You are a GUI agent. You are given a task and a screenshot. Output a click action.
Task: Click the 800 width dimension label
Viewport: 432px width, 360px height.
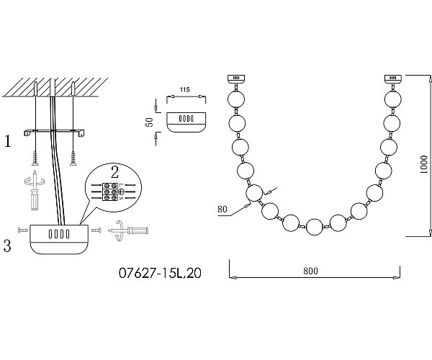point(310,271)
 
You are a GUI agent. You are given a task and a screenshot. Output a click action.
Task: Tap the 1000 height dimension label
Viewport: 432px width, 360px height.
point(424,164)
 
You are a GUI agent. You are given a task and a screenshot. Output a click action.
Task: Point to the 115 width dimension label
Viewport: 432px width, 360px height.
point(184,89)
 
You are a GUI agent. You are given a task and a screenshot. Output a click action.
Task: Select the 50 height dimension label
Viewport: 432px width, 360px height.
point(150,122)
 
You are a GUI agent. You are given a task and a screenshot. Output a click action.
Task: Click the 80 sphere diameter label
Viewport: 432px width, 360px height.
point(222,210)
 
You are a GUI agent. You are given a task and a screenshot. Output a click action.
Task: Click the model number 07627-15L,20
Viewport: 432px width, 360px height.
point(160,273)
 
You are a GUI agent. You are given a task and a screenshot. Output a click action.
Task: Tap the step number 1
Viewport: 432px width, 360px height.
point(8,141)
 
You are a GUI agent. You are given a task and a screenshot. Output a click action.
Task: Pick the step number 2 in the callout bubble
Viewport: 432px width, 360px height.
point(114,172)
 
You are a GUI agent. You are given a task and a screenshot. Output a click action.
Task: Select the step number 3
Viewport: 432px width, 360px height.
point(7,246)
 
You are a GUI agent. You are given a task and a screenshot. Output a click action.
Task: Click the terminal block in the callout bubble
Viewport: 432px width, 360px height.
point(110,192)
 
